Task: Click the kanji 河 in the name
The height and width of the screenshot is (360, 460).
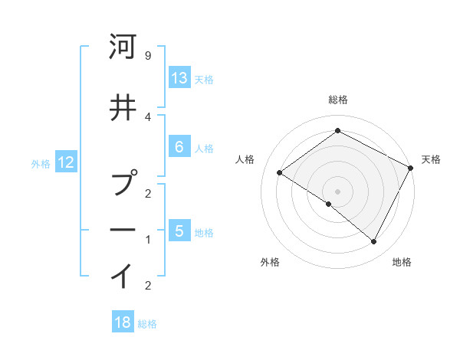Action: [123, 47]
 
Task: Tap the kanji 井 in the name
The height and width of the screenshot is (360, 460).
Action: [123, 107]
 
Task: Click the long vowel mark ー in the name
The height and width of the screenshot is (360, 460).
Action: [123, 230]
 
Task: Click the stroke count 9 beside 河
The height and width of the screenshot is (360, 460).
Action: [148, 56]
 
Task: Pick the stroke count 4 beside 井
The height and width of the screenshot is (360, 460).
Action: [148, 116]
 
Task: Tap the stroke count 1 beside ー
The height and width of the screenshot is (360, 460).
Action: [148, 240]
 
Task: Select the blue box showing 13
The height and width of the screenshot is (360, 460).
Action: [179, 77]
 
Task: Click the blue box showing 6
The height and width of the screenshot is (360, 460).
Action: [179, 146]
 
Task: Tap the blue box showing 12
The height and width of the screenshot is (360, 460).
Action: [66, 162]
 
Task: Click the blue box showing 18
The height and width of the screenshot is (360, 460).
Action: [123, 322]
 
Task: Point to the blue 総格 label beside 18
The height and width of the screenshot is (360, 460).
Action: [147, 324]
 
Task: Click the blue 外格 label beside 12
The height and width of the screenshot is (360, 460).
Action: [41, 163]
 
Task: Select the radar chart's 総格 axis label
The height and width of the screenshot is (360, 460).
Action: [338, 100]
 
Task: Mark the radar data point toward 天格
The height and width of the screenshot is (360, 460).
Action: [410, 168]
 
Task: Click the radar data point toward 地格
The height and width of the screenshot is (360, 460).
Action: [374, 242]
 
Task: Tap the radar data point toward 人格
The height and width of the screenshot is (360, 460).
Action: [279, 173]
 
